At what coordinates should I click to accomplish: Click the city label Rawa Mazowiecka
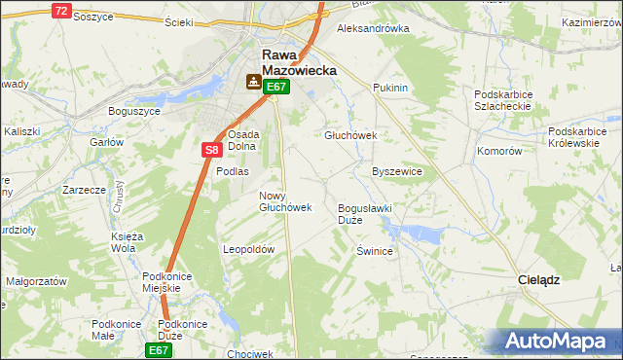click(298, 63)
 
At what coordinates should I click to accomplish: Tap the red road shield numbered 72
click(61, 11)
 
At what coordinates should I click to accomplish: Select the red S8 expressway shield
click(212, 150)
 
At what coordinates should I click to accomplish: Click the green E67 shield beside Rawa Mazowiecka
click(277, 87)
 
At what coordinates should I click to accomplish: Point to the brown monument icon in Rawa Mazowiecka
click(254, 83)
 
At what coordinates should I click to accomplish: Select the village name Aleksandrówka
click(372, 28)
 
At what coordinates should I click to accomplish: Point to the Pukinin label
click(389, 88)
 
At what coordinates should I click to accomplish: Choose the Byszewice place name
click(397, 171)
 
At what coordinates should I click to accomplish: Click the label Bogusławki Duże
click(363, 214)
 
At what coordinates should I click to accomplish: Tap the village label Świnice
click(374, 251)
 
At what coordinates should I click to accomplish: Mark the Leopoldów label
click(249, 249)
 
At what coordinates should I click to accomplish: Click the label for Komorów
click(500, 152)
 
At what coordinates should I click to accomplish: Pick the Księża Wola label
click(128, 242)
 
